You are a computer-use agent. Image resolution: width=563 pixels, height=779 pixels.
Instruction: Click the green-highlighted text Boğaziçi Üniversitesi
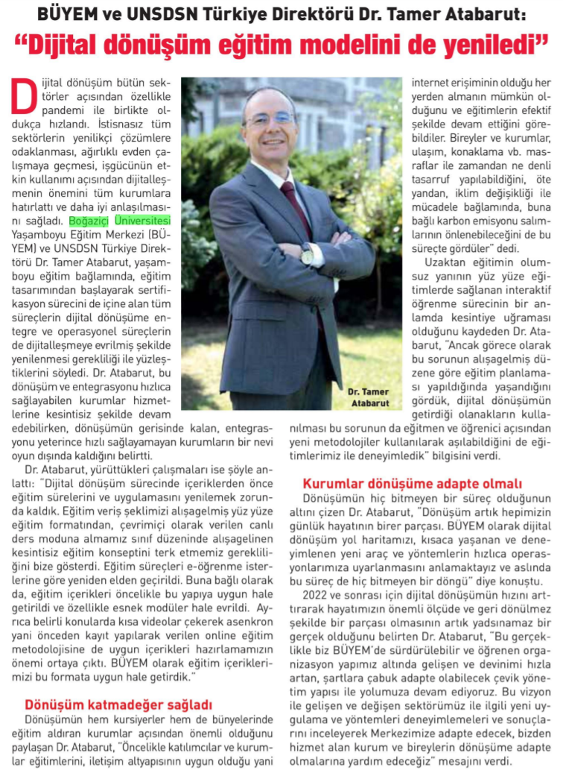120,221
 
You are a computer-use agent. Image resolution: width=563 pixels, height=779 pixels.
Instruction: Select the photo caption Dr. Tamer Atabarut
369,397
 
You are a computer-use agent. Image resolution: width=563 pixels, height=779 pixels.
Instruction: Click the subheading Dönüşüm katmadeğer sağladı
118,703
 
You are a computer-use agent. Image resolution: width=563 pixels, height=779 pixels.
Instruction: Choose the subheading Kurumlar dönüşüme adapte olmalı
413,483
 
